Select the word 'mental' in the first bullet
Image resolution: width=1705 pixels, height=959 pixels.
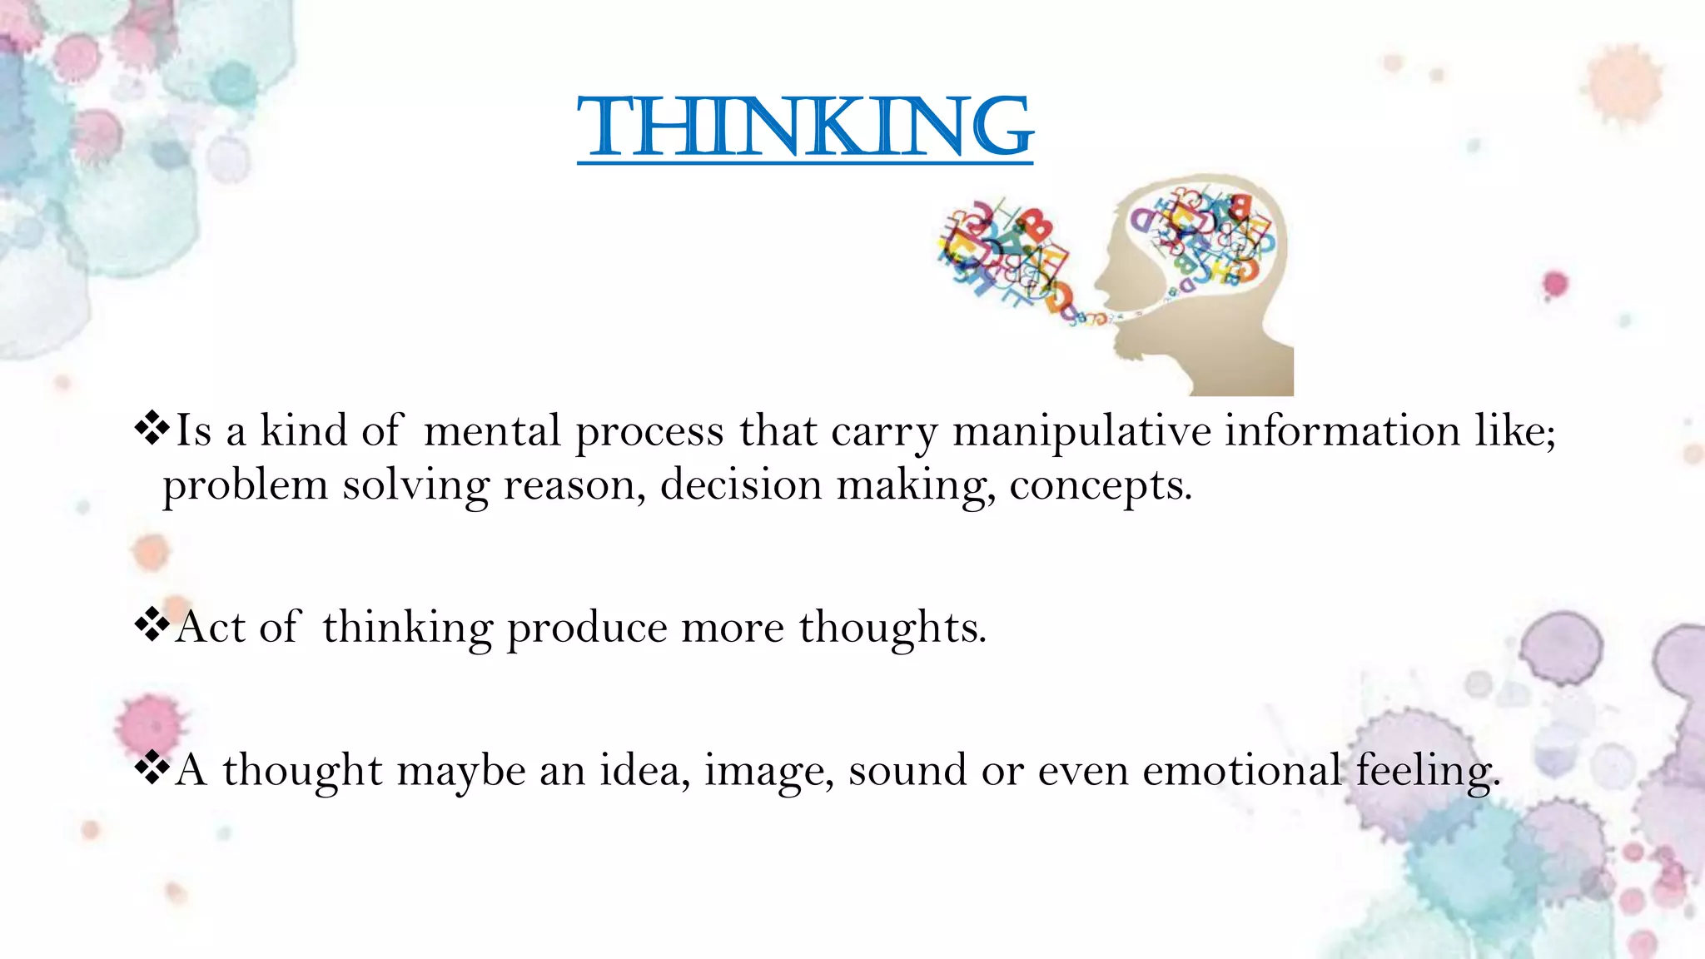[x=492, y=431]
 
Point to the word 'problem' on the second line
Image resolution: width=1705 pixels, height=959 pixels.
[x=245, y=486]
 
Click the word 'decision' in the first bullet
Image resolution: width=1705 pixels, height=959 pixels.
[x=741, y=484]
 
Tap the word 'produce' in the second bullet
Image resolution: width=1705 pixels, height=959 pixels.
[x=587, y=628]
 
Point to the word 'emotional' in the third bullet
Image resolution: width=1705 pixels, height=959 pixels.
[x=1241, y=770]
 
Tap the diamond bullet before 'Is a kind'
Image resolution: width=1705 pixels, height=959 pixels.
[x=152, y=429]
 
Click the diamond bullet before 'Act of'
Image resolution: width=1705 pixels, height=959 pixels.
[x=152, y=625]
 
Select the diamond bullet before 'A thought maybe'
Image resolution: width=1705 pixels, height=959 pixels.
[x=152, y=768]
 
